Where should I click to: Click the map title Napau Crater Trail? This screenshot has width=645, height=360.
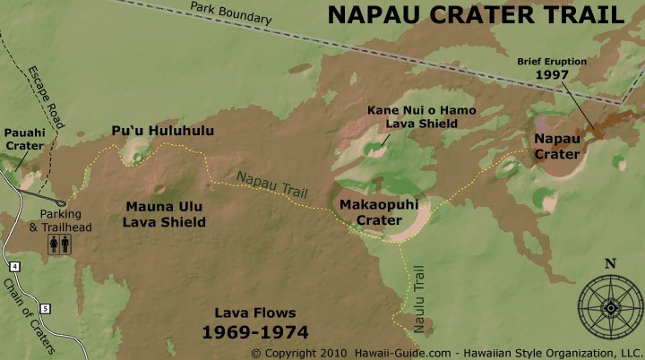point(475,15)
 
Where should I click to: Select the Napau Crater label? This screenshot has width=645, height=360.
point(557,147)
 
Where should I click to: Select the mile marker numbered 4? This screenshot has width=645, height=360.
point(14,266)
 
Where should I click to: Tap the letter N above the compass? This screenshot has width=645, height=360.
point(610,263)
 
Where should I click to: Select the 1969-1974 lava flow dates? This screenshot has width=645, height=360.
point(254,331)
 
